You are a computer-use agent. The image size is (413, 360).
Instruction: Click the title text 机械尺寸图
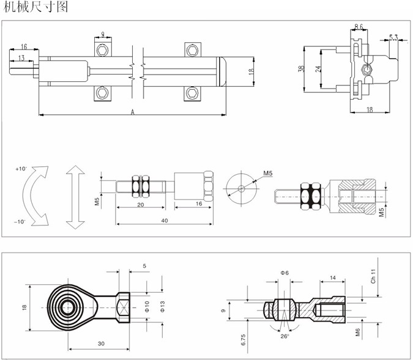[35, 8]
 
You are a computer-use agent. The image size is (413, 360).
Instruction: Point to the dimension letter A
[133, 111]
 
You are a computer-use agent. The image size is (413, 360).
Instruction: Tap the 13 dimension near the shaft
[21, 58]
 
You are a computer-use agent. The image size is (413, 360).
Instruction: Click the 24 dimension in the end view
[318, 70]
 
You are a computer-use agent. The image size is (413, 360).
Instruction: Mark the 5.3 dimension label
[393, 38]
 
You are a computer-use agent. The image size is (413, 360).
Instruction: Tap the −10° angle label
[20, 222]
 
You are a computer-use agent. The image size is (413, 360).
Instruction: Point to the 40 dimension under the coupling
[165, 220]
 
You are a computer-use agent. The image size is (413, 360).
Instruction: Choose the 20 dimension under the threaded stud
[140, 205]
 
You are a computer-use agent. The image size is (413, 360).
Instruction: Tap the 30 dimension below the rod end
[100, 344]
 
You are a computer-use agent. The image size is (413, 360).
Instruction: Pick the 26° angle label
[285, 336]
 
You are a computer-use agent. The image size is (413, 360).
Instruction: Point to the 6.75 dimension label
[242, 340]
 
